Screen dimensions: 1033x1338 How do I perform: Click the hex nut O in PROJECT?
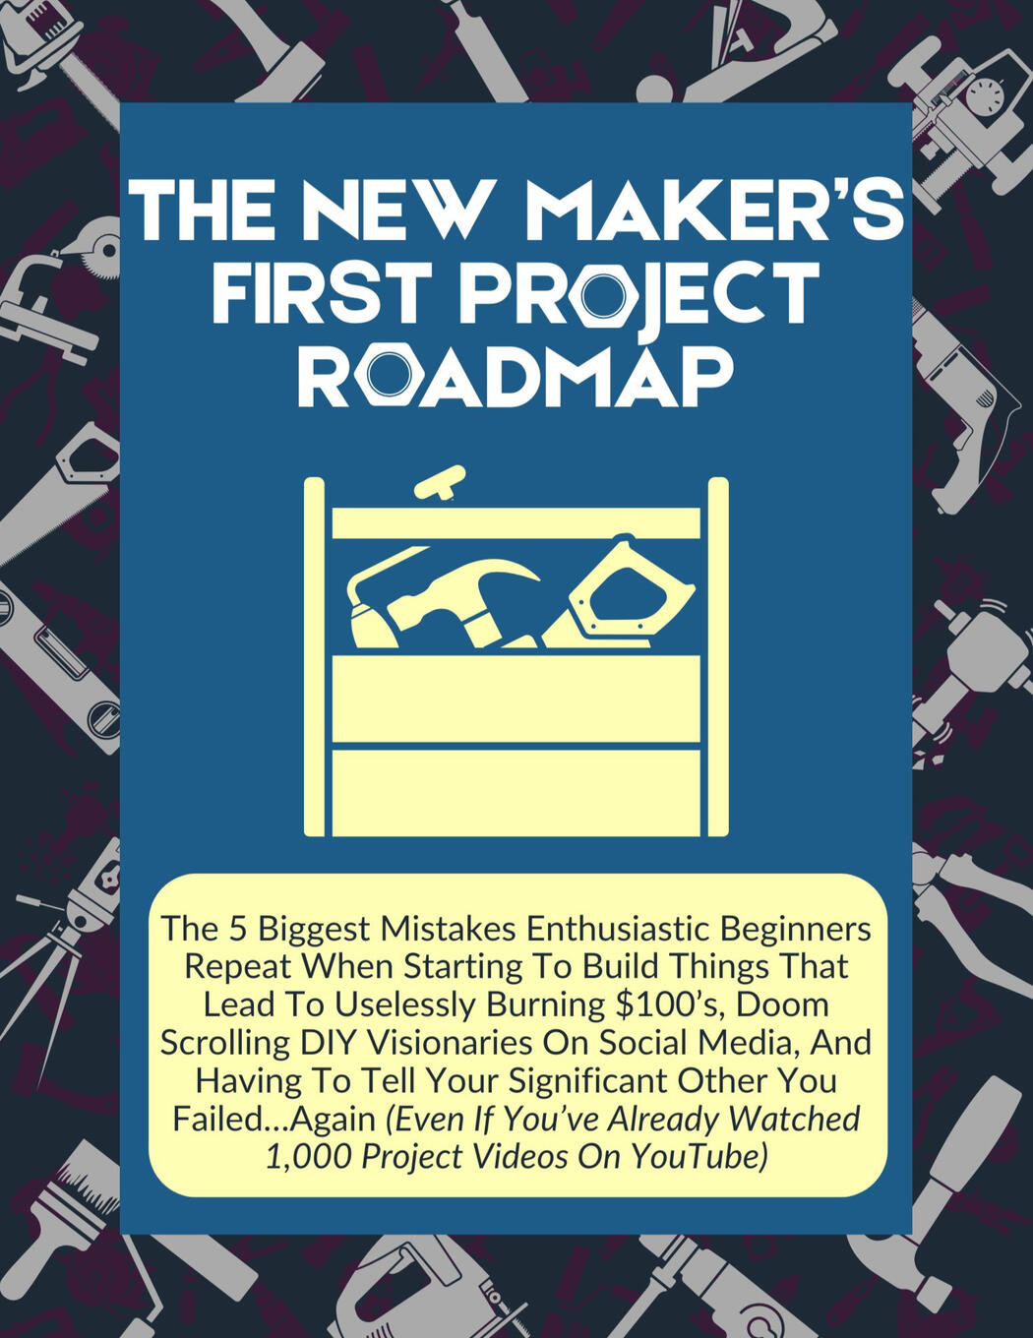[x=602, y=293]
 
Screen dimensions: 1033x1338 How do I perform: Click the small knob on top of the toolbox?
[x=439, y=484]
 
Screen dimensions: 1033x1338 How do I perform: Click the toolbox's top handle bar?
[x=516, y=522]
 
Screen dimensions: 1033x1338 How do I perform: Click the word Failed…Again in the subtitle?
[x=273, y=1119]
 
